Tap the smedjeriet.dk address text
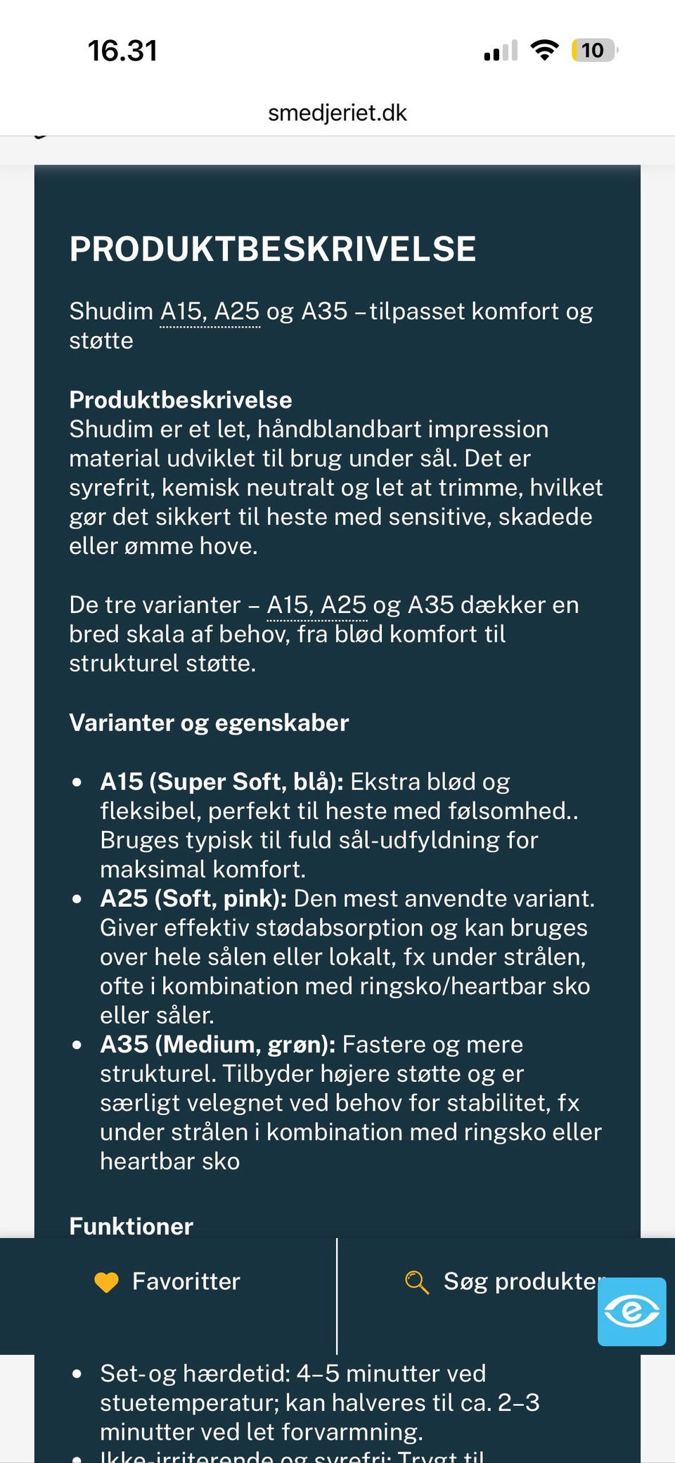click(337, 112)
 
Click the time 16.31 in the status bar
click(122, 51)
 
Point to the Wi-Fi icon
click(544, 50)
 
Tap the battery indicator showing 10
click(594, 50)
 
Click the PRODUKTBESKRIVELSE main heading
click(273, 249)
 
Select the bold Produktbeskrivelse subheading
click(181, 399)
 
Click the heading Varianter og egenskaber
click(209, 723)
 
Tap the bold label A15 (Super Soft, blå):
click(221, 781)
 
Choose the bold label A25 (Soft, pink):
click(193, 898)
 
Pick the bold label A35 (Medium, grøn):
click(217, 1044)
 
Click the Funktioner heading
click(131, 1226)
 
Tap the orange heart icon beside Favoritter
click(107, 1282)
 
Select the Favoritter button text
click(186, 1282)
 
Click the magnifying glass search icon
click(416, 1282)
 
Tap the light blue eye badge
click(631, 1312)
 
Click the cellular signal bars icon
click(501, 51)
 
